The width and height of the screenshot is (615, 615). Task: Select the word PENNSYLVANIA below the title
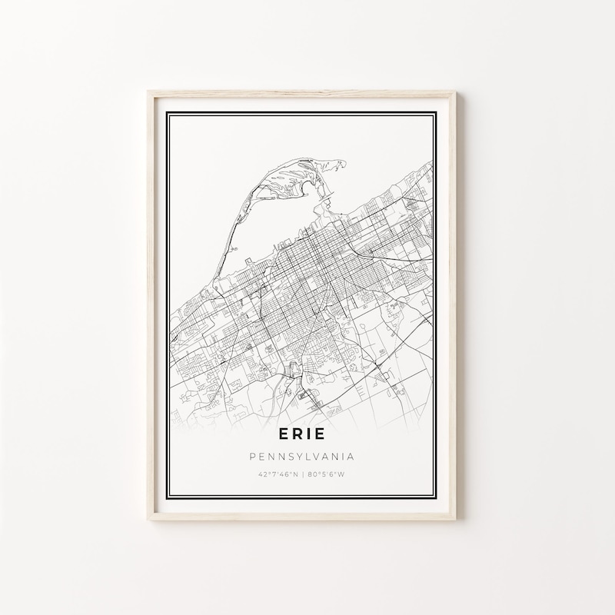pyautogui.click(x=301, y=457)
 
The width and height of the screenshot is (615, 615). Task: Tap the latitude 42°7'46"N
pyautogui.click(x=278, y=474)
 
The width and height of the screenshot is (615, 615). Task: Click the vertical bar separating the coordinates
pyautogui.click(x=302, y=474)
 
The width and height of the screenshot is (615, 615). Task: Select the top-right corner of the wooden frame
pyautogui.click(x=456, y=92)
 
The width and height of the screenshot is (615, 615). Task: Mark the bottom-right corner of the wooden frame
pyautogui.click(x=456, y=520)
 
